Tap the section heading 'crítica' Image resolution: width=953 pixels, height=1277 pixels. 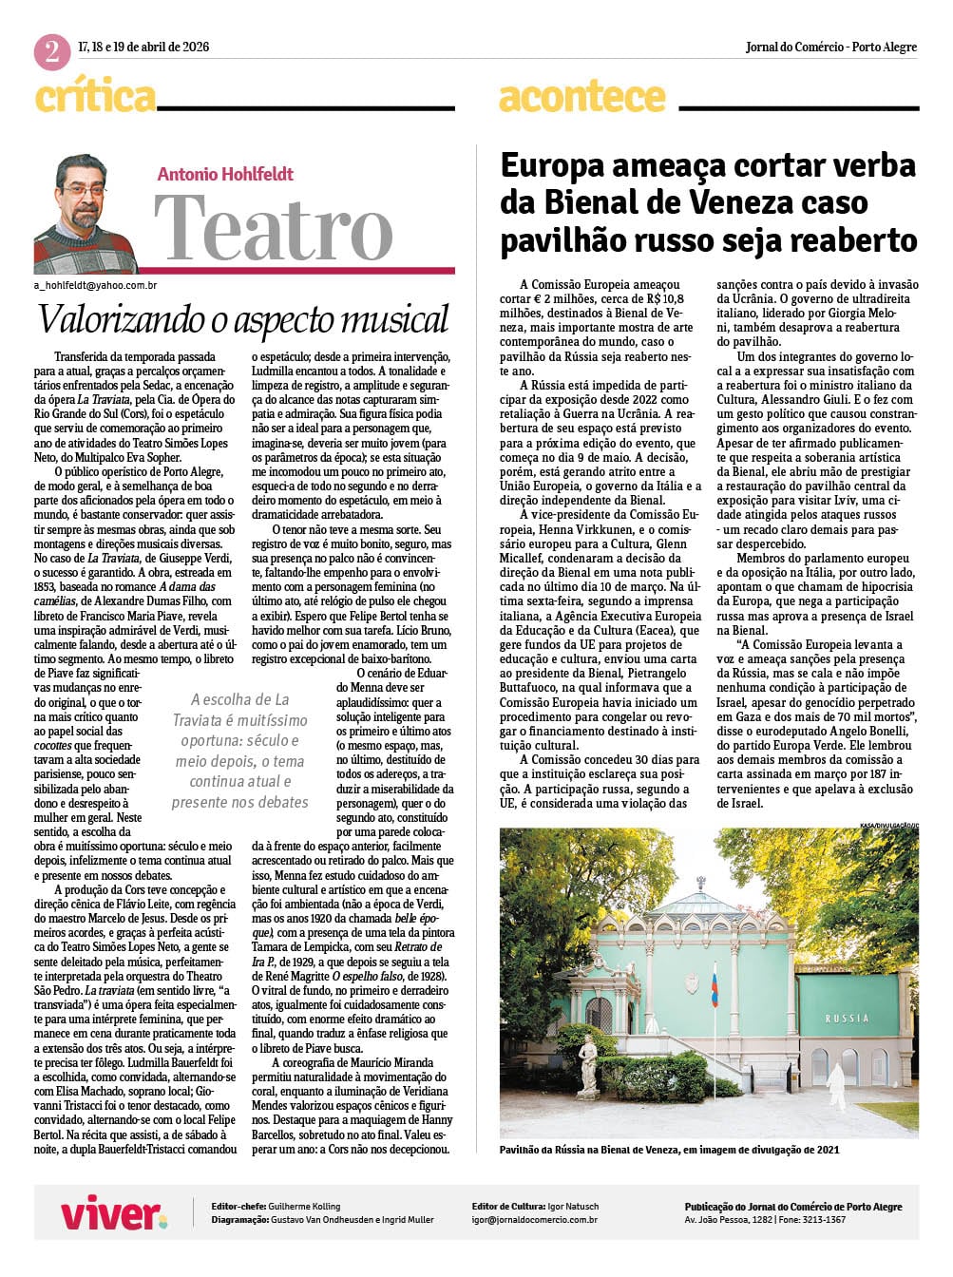click(95, 97)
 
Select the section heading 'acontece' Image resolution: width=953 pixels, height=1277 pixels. click(581, 97)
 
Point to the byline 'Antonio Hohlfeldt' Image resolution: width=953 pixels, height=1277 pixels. click(225, 174)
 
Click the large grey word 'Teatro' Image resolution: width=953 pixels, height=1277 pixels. click(274, 229)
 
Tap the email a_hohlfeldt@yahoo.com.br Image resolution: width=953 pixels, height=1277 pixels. click(95, 285)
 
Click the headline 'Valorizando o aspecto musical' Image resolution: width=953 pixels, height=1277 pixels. click(243, 319)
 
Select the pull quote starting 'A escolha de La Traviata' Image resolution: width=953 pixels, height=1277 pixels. click(240, 751)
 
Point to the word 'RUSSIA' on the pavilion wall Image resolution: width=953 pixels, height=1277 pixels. click(847, 1018)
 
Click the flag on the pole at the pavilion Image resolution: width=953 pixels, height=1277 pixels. click(715, 983)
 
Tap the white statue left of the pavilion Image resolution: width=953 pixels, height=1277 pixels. click(588, 1063)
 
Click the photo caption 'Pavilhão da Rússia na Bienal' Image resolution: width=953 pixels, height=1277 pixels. click(670, 1150)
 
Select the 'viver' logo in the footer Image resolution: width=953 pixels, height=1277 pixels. click(113, 1213)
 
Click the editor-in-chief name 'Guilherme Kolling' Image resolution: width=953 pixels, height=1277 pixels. click(304, 1206)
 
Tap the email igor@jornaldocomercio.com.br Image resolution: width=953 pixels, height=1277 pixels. click(535, 1219)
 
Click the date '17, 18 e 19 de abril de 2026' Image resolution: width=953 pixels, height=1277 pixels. click(143, 47)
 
